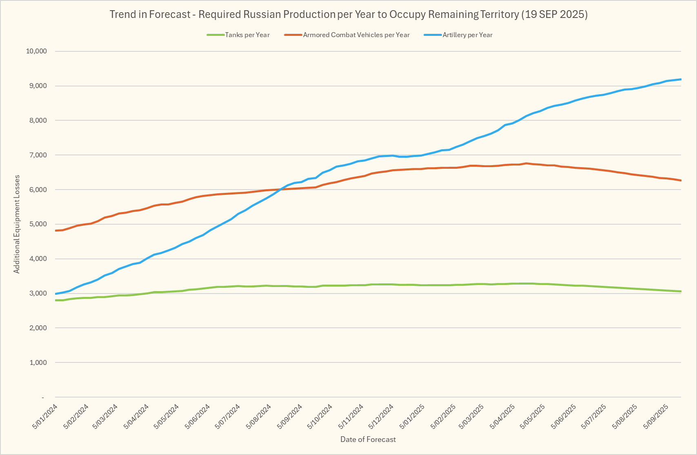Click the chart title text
[348, 15]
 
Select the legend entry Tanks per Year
[247, 35]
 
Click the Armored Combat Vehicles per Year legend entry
[356, 35]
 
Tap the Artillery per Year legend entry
[467, 35]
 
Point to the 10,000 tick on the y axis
[36, 51]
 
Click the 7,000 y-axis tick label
[38, 155]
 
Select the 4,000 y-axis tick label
[38, 259]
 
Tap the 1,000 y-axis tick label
[38, 363]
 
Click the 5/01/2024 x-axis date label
[45, 416]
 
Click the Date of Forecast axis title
[368, 440]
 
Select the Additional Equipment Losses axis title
[17, 224]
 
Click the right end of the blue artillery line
[681, 80]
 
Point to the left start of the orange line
[55, 231]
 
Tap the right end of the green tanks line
[681, 292]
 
